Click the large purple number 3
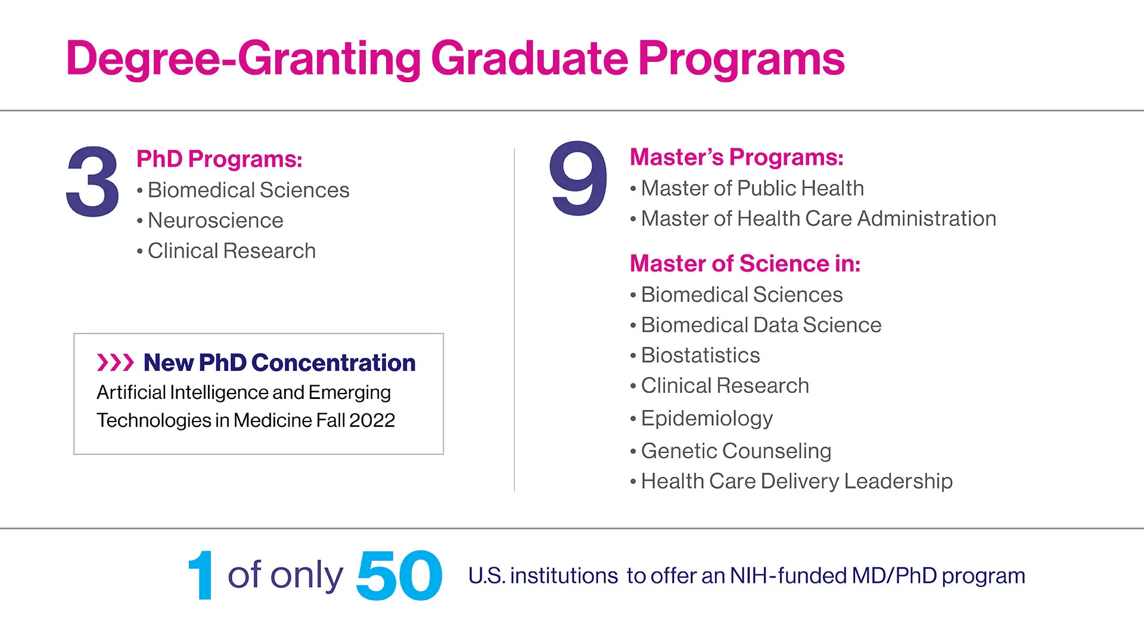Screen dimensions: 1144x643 coord(93,182)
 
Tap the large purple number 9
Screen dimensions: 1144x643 coord(579,178)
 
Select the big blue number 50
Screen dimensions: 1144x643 coord(399,575)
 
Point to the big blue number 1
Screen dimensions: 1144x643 coord(201,575)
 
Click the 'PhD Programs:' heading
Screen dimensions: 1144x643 coord(219,159)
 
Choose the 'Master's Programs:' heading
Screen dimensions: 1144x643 coord(736,157)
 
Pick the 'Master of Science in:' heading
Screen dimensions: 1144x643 coord(745,263)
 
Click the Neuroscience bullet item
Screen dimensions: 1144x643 coord(215,220)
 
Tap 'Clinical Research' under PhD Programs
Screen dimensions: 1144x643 coord(231,251)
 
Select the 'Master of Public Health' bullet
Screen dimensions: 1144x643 coord(752,188)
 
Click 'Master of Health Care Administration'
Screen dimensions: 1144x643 coord(818,219)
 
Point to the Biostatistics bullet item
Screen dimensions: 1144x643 coord(700,355)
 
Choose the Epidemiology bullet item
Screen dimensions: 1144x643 coord(707,419)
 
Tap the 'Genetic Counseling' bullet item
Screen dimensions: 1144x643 coord(736,451)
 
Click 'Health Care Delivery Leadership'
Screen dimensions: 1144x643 coord(797,481)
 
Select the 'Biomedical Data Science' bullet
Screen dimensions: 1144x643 coord(761,325)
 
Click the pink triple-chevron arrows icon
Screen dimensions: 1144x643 coord(116,362)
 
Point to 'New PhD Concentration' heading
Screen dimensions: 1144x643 coord(279,363)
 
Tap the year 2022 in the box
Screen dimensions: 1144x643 coord(372,420)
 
